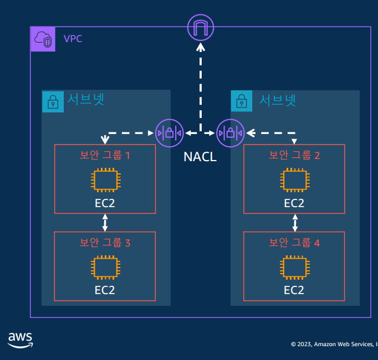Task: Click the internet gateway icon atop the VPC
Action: pos(200,27)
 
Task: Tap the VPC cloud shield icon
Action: pos(43,39)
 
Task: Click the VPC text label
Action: pos(73,39)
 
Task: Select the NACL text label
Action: pos(200,157)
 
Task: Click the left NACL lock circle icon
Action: pos(168,133)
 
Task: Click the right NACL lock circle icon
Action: pos(230,133)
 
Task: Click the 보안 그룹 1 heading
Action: pos(105,155)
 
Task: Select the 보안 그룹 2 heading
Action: pos(294,155)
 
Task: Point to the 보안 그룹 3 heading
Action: pos(105,242)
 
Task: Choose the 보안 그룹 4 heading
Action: pos(294,242)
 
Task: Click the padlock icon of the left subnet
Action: pos(53,101)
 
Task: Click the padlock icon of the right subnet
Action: pos(242,101)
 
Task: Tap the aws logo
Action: pos(21,340)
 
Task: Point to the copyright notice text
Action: pos(334,344)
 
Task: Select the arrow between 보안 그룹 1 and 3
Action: pos(105,223)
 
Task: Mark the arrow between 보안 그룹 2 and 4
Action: pos(294,223)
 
